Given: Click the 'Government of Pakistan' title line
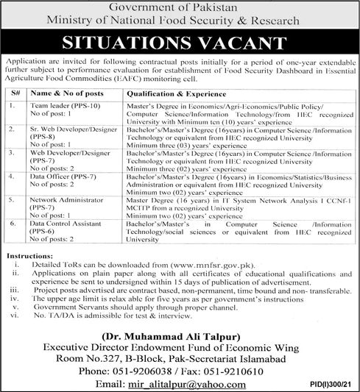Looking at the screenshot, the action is pyautogui.click(x=180, y=8).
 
